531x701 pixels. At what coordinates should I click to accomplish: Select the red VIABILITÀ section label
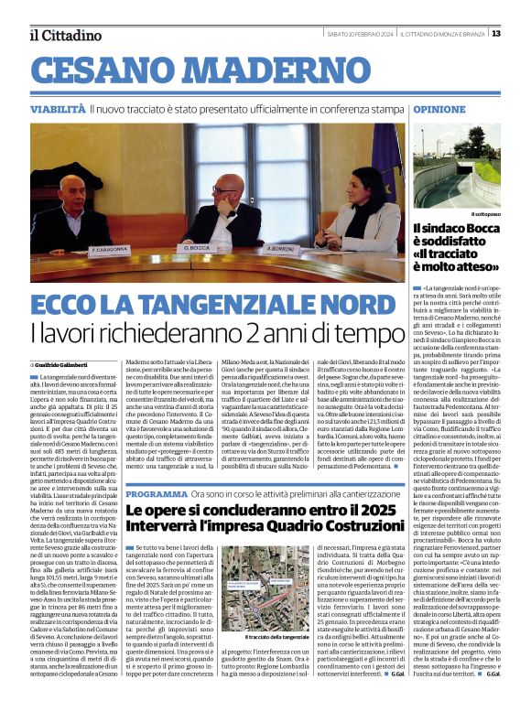click(x=58, y=109)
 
